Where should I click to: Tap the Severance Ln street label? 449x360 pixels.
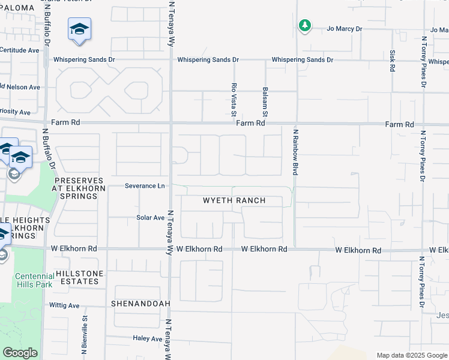tap(145, 186)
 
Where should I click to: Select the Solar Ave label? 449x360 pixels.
tap(150, 218)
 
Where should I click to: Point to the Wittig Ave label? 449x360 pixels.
tap(65, 305)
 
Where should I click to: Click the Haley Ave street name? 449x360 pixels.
tap(148, 338)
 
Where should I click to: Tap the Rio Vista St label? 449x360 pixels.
tap(234, 100)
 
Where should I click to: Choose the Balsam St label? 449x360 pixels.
tap(265, 101)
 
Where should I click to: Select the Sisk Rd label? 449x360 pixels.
tap(393, 60)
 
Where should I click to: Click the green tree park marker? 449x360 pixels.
tap(305, 26)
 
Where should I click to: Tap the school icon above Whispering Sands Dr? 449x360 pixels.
tap(79, 30)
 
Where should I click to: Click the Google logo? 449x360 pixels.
tap(20, 353)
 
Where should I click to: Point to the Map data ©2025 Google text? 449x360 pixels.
tap(411, 355)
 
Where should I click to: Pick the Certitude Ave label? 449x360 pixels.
tap(20, 50)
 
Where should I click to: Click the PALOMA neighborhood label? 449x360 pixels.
tap(17, 8)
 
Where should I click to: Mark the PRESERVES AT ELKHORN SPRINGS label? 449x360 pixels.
tap(79, 188)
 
